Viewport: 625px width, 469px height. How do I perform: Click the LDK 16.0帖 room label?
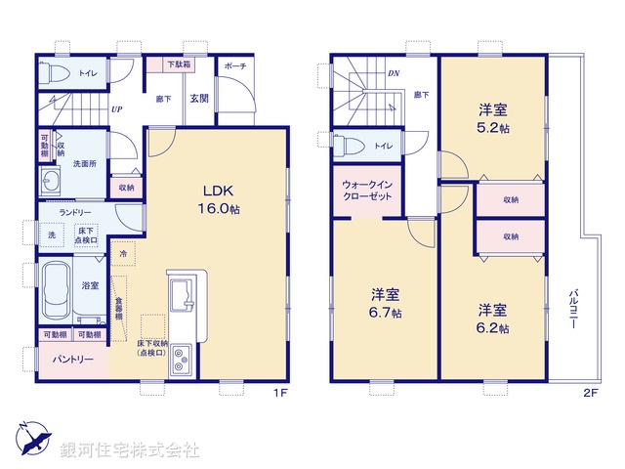pyautogui.click(x=222, y=200)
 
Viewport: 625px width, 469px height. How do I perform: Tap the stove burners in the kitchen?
pyautogui.click(x=181, y=362)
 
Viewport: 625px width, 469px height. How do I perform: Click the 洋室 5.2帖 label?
pyautogui.click(x=491, y=118)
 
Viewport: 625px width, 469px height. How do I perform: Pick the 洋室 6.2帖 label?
pyautogui.click(x=492, y=319)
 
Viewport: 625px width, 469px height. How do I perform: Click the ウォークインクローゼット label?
pyautogui.click(x=368, y=189)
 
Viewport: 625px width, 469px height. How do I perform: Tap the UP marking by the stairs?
pyautogui.click(x=116, y=109)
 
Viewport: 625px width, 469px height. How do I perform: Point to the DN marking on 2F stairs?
pyautogui.click(x=393, y=72)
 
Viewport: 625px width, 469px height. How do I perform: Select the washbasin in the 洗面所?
pyautogui.click(x=50, y=183)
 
